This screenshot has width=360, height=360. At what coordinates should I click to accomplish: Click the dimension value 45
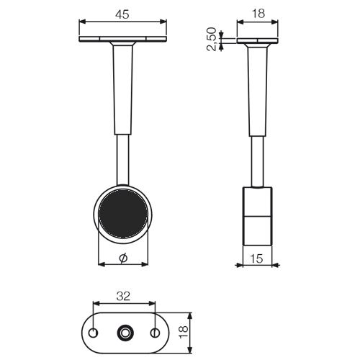click(122, 14)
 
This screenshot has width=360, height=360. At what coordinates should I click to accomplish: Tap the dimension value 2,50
click(212, 39)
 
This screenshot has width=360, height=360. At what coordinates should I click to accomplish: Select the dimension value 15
click(256, 258)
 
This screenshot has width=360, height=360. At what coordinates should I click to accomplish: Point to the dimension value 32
click(123, 296)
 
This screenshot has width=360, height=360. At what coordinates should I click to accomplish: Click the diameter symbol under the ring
click(123, 258)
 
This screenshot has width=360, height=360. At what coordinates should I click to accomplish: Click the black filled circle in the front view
click(123, 214)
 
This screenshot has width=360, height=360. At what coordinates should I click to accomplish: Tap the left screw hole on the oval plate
click(92, 333)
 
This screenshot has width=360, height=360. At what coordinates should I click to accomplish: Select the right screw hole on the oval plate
click(155, 333)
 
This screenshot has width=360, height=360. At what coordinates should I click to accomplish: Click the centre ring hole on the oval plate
click(125, 333)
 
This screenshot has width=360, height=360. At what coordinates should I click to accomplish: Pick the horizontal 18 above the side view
click(258, 14)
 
